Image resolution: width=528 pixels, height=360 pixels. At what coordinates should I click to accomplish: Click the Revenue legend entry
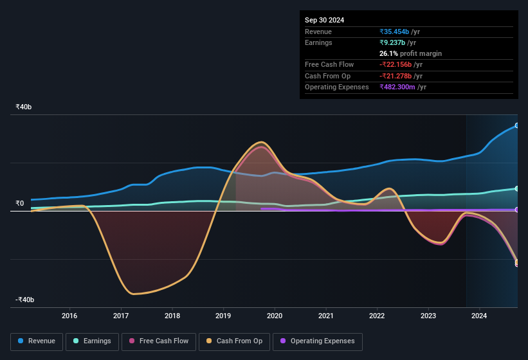tap(37, 341)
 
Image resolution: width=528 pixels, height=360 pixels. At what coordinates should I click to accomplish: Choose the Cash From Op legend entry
tap(233, 341)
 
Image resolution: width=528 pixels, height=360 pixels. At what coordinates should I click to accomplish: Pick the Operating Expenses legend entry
tap(317, 341)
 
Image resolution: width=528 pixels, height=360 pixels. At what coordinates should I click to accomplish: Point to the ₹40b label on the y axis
tap(24, 107)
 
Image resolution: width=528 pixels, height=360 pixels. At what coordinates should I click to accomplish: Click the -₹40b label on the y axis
tap(25, 300)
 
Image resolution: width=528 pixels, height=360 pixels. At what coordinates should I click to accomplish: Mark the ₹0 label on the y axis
tap(19, 204)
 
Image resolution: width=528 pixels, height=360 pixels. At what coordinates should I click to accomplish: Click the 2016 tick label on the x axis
tap(69, 316)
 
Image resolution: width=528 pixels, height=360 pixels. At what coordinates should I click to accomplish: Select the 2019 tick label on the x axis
tap(223, 316)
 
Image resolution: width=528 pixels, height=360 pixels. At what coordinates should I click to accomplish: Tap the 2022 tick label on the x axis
tap(377, 316)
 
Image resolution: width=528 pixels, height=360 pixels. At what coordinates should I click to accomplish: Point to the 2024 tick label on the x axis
tap(479, 316)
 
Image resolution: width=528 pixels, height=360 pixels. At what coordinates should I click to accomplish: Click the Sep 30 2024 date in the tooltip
tap(324, 20)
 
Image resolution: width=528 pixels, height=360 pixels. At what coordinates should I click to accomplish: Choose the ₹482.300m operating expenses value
tap(403, 87)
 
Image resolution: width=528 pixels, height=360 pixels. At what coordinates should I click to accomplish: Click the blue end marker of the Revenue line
tap(517, 126)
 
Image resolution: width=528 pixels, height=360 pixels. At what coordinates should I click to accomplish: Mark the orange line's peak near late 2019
tap(260, 142)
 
